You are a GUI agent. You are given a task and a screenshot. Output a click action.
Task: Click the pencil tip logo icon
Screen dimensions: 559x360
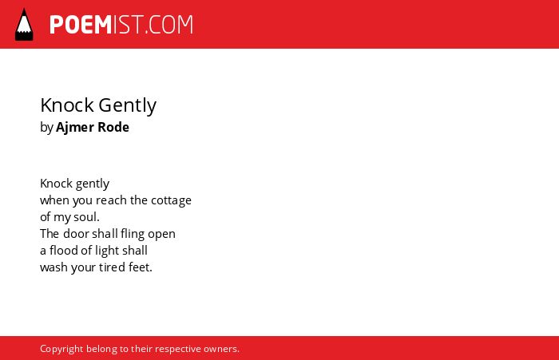point(24,25)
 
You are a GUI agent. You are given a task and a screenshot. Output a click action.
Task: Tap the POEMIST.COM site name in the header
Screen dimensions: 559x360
point(121,25)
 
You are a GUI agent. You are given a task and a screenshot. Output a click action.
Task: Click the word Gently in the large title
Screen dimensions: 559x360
point(127,106)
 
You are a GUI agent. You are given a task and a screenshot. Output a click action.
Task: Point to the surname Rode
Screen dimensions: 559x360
point(113,127)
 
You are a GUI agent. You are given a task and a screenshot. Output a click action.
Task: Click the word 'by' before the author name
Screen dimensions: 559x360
point(46,128)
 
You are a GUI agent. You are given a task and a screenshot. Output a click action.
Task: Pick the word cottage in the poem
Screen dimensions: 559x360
point(171,200)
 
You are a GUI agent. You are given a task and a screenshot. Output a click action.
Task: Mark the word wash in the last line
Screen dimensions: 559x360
point(54,267)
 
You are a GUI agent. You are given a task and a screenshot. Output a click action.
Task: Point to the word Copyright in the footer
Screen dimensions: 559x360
point(61,349)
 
